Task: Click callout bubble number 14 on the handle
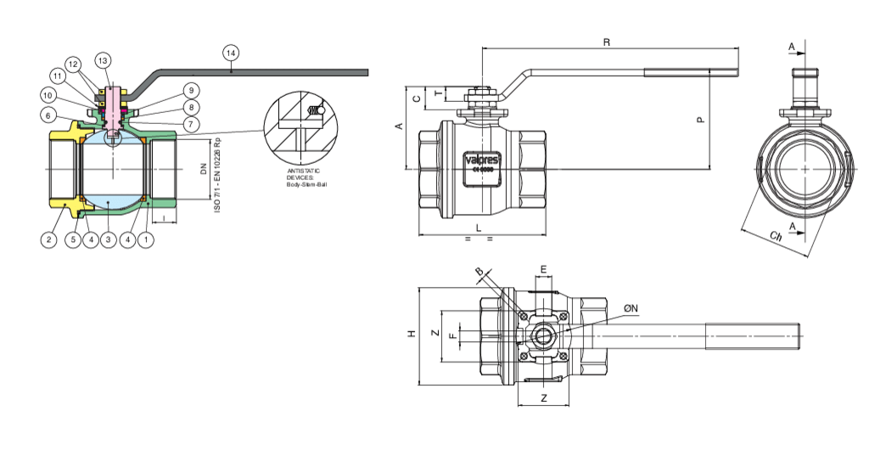click(232, 52)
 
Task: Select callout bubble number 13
click(103, 60)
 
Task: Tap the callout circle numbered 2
click(49, 240)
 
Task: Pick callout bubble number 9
click(191, 90)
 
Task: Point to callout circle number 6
click(49, 115)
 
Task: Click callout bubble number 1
click(146, 240)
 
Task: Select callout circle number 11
click(57, 76)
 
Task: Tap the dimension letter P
click(700, 120)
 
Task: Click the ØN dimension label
click(631, 307)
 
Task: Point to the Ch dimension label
click(775, 235)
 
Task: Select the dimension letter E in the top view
click(544, 269)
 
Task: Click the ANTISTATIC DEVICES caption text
click(305, 177)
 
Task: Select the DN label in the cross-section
click(203, 168)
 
